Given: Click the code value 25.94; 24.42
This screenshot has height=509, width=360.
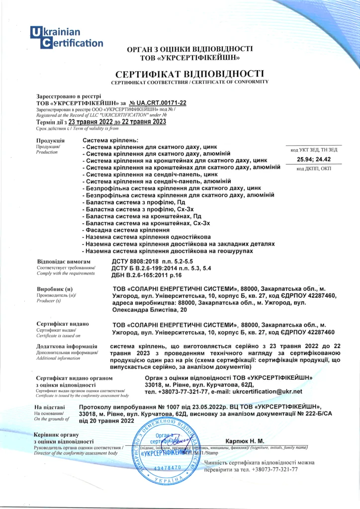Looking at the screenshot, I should point(313,160).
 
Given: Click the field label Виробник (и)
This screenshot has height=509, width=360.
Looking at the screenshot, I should point(55,289).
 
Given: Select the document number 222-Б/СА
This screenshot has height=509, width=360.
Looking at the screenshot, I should point(301,414).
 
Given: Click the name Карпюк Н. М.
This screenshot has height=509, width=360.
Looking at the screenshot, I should point(245,441).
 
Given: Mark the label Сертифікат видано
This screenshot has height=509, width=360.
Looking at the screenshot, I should point(63,324).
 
